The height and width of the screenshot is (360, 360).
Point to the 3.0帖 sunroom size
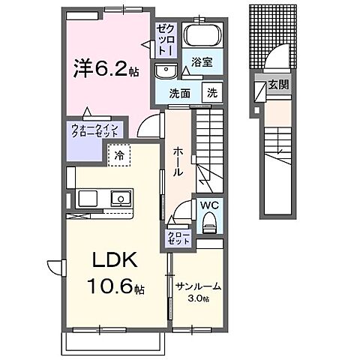(199, 298)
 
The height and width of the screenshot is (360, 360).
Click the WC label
(208, 205)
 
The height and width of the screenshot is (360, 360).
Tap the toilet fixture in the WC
(210, 221)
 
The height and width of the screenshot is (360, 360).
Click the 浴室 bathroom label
(199, 63)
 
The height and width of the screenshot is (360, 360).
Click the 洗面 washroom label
(178, 94)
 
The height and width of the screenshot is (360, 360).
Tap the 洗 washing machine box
(212, 94)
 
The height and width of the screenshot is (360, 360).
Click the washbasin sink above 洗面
(166, 71)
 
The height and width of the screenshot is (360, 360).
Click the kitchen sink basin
(119, 199)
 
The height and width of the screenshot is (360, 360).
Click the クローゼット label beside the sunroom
(179, 238)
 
